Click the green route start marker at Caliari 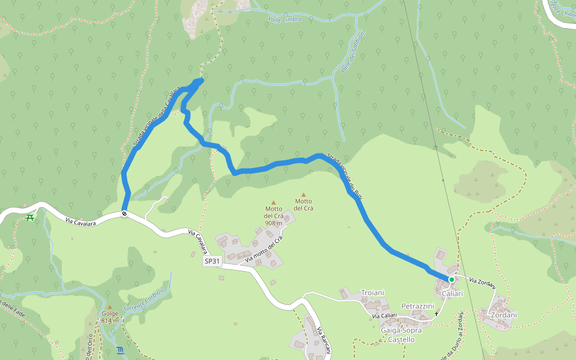pos(451,279)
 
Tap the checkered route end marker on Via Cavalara pos(124,214)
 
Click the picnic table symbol pos(31,217)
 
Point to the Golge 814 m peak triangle pos(109,307)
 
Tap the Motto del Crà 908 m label pos(274,216)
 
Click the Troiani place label pos(372,293)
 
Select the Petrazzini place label pos(418,306)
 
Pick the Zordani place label pos(504,315)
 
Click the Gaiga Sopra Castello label pos(401,335)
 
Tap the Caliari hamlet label pos(452,294)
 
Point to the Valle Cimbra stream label pos(282,19)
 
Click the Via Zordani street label pos(482,282)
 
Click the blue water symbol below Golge pos(121,350)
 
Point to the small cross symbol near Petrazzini pos(437,314)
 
